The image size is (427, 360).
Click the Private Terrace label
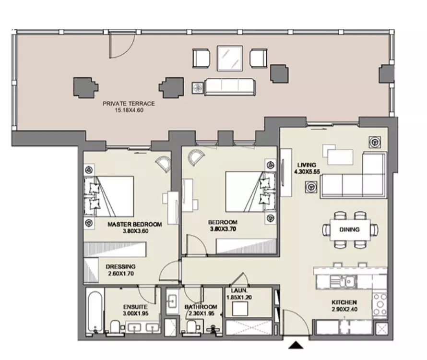[129, 104]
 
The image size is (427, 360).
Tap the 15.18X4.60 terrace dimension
[129, 110]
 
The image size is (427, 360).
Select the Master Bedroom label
[135, 224]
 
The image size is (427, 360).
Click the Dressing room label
[120, 266]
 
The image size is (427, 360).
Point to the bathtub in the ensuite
[95, 312]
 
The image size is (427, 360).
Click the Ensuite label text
[135, 307]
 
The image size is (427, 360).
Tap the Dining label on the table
[349, 229]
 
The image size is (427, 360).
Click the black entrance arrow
[296, 345]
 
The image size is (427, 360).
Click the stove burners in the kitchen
[380, 304]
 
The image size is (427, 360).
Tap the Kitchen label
[344, 302]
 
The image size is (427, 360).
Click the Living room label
[307, 165]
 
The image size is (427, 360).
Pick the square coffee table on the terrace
[230, 58]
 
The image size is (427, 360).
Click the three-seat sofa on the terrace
[230, 87]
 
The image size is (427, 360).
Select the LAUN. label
[239, 290]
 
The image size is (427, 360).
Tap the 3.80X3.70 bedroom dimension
[223, 229]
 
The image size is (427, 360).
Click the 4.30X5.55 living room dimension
[307, 172]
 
